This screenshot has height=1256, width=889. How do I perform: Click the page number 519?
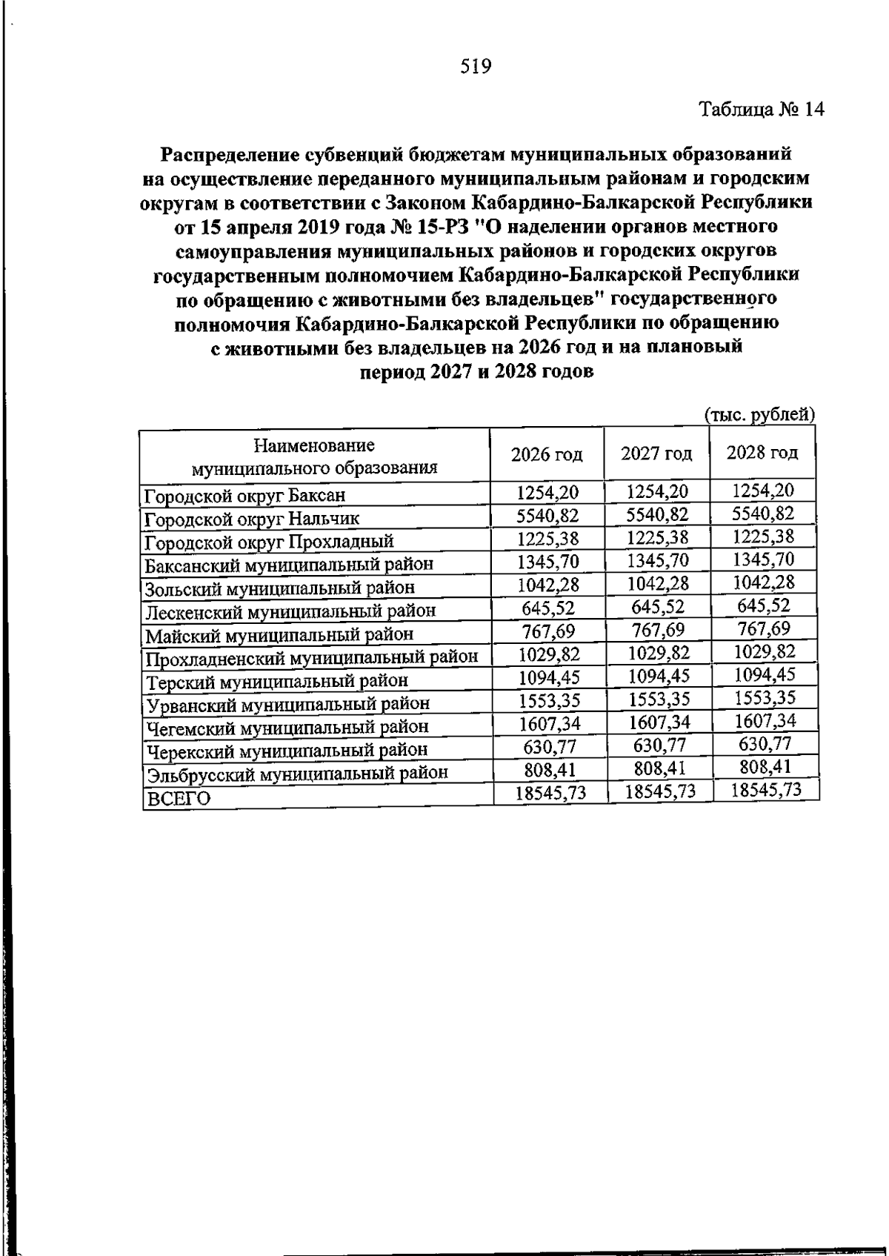tap(476, 67)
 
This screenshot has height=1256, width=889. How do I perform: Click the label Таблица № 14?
tap(762, 110)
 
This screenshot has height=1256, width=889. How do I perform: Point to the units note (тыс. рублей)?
tap(759, 414)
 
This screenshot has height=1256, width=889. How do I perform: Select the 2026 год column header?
tap(547, 454)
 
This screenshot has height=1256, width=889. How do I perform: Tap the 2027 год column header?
tap(656, 453)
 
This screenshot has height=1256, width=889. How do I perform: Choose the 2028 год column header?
tap(762, 451)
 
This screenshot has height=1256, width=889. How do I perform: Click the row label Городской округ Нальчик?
tap(252, 518)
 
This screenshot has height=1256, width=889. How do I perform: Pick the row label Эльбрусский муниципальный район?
tap(296, 773)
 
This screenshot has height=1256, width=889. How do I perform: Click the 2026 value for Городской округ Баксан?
tap(547, 492)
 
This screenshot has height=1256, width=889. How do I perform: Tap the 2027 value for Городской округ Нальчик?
tap(657, 514)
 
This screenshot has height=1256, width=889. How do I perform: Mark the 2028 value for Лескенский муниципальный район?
tap(763, 605)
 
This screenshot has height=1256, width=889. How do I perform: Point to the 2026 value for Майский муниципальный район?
tap(547, 631)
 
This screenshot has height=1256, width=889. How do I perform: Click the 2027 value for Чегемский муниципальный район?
tap(658, 722)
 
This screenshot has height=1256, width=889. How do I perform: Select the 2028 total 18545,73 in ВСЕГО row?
tap(766, 790)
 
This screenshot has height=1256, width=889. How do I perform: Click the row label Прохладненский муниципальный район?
tap(311, 657)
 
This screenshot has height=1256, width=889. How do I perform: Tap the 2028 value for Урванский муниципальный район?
tap(765, 698)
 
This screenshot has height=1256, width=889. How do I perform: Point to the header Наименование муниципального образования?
tap(314, 456)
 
